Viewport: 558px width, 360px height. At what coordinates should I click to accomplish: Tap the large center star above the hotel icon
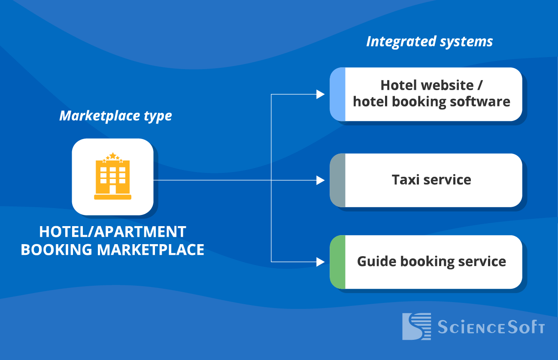[x=112, y=155]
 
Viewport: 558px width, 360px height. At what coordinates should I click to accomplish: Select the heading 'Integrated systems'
[x=429, y=42]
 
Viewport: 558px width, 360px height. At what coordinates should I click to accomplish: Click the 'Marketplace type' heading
[x=115, y=116]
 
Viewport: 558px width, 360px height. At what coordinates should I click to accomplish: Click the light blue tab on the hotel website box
[x=337, y=94]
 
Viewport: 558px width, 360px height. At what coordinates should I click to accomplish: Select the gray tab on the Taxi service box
[x=337, y=180]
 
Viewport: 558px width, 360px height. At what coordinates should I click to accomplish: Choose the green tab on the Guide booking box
[x=337, y=262]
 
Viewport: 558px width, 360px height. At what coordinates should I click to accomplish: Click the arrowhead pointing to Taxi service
[x=320, y=180]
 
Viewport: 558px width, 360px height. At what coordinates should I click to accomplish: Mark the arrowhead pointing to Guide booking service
[x=320, y=261]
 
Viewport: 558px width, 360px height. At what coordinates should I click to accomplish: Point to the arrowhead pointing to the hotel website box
[x=320, y=94]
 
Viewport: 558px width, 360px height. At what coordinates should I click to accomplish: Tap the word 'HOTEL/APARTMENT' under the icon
[x=112, y=232]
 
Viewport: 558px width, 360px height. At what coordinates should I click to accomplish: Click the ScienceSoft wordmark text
[x=491, y=327]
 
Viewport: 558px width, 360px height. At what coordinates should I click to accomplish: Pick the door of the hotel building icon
[x=112, y=189]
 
